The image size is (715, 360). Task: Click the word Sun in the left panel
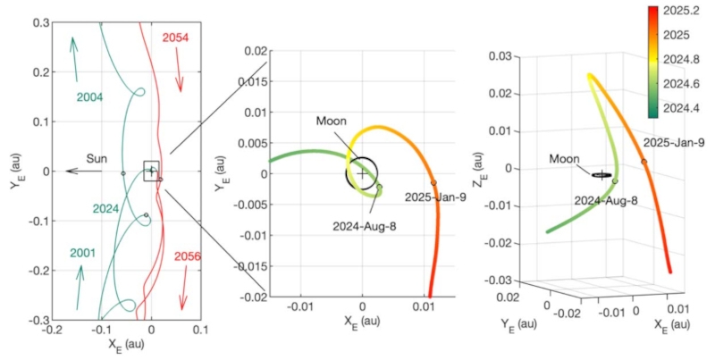[96, 158]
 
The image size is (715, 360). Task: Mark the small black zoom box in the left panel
[151, 170]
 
